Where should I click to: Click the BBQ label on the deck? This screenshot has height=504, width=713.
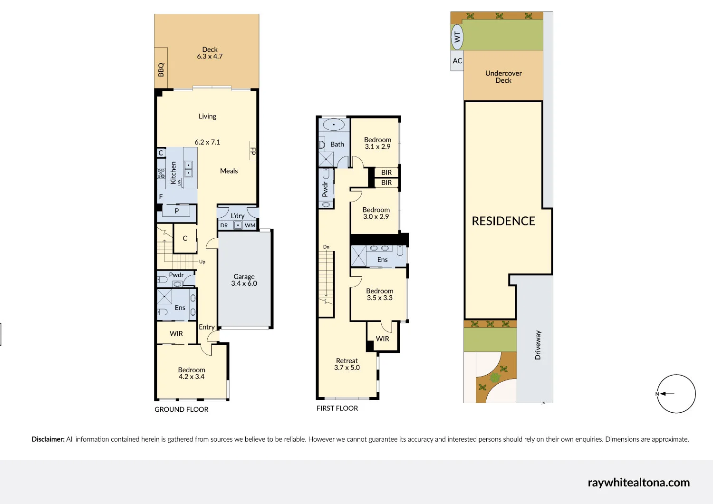(x=161, y=69)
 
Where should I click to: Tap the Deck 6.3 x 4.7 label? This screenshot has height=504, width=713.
(x=210, y=53)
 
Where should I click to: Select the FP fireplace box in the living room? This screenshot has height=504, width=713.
(x=253, y=151)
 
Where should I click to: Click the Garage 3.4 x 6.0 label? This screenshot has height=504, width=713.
(x=244, y=280)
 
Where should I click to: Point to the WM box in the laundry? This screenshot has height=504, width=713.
(x=250, y=225)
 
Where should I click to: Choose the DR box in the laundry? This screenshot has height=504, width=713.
(x=224, y=225)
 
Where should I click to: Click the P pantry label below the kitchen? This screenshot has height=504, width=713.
(x=177, y=211)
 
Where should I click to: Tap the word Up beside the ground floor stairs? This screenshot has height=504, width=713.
(x=202, y=262)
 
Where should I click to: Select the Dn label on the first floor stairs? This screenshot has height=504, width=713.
(x=326, y=247)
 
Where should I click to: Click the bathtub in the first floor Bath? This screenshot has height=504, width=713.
(x=334, y=125)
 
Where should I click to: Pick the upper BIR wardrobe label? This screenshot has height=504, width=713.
(x=386, y=173)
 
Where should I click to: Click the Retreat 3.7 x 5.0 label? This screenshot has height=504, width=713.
(x=347, y=364)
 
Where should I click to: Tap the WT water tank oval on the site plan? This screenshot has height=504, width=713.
(x=457, y=37)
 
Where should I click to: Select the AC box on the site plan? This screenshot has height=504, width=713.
(x=457, y=61)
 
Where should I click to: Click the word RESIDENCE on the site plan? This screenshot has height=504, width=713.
(x=503, y=221)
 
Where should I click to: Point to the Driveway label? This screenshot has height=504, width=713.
(x=538, y=345)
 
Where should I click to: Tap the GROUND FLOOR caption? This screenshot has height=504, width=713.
(x=182, y=409)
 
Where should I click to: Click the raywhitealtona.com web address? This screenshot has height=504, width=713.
(x=638, y=483)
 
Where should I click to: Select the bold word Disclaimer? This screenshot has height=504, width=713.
(x=48, y=439)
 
